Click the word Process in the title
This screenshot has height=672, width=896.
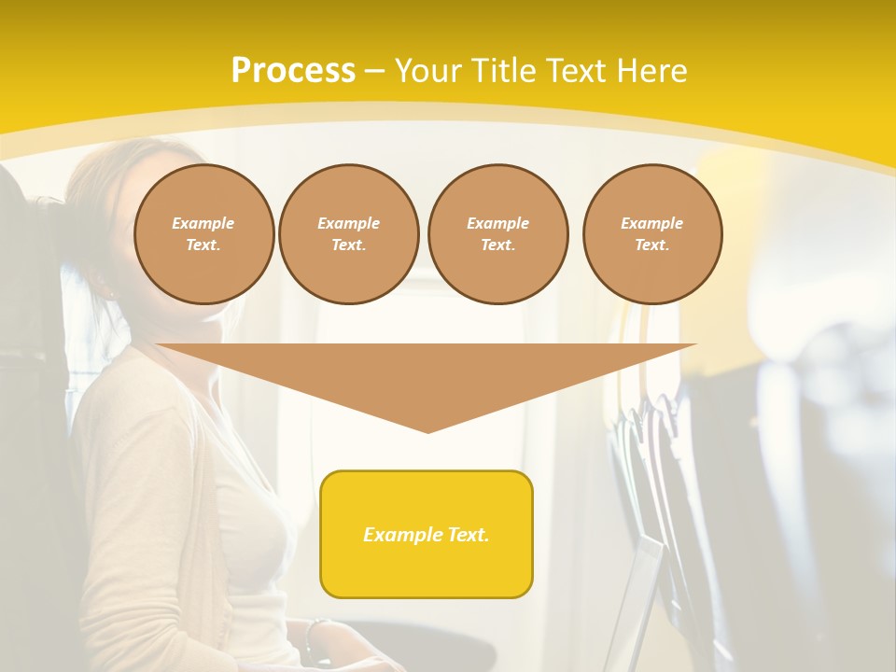point(293,71)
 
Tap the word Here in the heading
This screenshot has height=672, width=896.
point(650,71)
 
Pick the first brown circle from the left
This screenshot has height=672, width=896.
point(203,234)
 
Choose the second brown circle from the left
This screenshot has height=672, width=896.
point(348,234)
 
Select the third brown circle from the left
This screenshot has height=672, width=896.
point(497,234)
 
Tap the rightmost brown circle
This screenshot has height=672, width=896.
point(652,234)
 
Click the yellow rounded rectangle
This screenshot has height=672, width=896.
point(427,534)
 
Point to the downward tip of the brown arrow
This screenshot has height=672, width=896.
point(427,429)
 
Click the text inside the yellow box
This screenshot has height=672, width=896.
point(427,535)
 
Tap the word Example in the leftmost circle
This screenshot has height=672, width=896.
point(203,223)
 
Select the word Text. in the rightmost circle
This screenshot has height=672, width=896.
point(652,245)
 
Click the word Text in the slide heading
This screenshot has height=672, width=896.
point(578,71)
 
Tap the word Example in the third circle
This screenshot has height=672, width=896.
point(497,223)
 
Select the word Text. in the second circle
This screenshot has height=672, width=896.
point(348,245)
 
